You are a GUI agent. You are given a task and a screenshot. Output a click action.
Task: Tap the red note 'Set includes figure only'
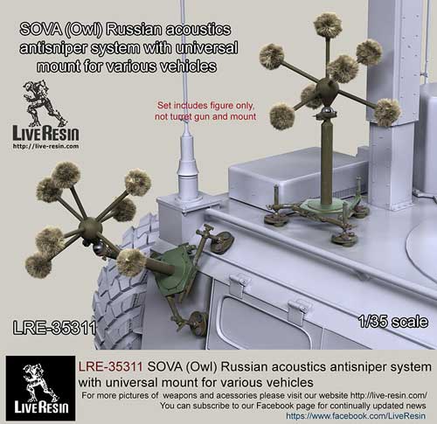[x=205, y=105]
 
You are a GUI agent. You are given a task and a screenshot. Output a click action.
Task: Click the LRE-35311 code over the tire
[x=54, y=328]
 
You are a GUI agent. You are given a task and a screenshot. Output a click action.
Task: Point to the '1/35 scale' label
[x=393, y=322]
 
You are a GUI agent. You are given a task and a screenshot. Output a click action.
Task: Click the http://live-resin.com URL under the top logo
[x=45, y=146]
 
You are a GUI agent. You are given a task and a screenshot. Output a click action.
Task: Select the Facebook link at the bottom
[x=356, y=416]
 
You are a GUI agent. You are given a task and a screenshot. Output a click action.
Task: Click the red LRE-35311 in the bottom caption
[x=110, y=367]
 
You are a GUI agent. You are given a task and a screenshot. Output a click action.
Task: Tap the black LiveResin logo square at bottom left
[x=40, y=388]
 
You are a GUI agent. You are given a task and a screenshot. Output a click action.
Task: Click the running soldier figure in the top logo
[x=44, y=103]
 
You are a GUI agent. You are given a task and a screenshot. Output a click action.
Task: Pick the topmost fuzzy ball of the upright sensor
[x=328, y=24]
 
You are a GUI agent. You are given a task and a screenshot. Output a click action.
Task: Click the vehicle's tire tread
[x=120, y=291]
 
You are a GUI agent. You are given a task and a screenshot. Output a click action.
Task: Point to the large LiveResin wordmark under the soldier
[x=45, y=134]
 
